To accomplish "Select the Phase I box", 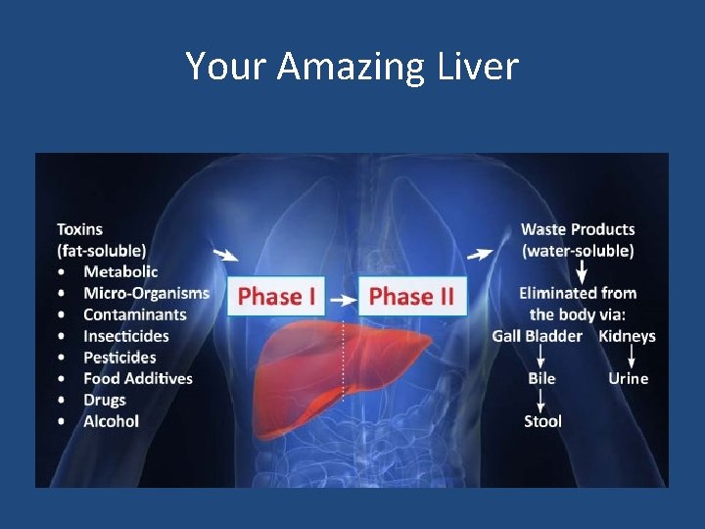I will (x=277, y=295).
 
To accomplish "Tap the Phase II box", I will (x=411, y=295).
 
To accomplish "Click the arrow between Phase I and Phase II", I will (x=342, y=296).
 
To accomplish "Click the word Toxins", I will (x=79, y=229).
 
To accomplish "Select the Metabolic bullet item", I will (x=120, y=271).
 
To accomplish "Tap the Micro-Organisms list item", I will (x=146, y=293).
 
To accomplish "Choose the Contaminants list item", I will (x=134, y=314).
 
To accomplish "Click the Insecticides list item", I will (x=126, y=336).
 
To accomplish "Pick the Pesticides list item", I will (x=119, y=358).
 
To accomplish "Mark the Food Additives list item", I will (x=138, y=378).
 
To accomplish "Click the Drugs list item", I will (x=105, y=400).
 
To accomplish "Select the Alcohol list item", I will (x=111, y=421).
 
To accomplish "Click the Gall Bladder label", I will (x=537, y=336).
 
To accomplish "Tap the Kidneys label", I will (x=627, y=336).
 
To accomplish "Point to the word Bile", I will (x=541, y=378).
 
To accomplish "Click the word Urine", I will (x=628, y=378).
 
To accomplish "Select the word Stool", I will (x=542, y=421).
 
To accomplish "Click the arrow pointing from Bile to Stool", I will (x=541, y=400).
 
